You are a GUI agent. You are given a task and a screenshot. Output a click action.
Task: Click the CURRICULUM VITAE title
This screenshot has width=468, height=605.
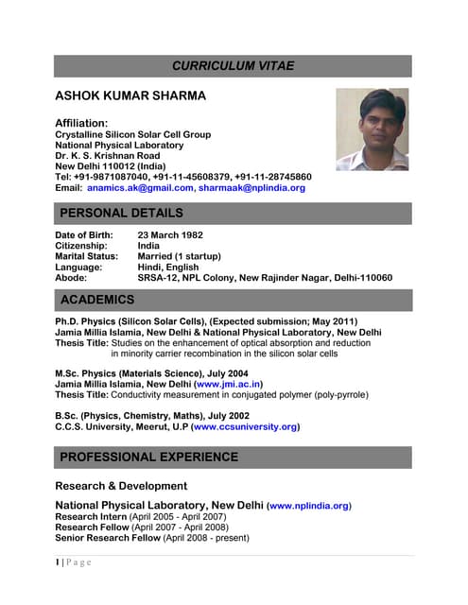[x=233, y=65]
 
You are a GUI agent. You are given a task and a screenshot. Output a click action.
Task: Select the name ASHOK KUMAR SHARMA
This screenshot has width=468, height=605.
[x=130, y=96]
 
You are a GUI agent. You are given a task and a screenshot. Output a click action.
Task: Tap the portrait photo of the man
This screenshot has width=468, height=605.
[x=372, y=130]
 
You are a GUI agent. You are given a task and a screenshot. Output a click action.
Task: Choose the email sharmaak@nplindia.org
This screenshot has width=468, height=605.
[x=251, y=188]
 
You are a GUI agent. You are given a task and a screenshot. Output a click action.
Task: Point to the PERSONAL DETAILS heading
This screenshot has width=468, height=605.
[x=121, y=214]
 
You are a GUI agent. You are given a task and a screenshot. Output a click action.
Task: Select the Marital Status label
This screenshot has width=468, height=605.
[x=86, y=256]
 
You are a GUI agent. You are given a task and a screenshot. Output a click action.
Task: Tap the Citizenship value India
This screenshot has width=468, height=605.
[x=148, y=246]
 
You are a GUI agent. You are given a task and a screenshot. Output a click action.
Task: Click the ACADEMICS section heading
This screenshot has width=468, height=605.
[x=96, y=300]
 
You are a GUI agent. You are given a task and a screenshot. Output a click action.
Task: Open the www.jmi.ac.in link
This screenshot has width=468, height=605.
[x=228, y=385]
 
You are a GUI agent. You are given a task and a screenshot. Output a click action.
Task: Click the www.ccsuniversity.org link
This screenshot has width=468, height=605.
[x=245, y=427]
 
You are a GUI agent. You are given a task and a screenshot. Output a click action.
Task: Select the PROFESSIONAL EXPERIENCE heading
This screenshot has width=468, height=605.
[x=155, y=458]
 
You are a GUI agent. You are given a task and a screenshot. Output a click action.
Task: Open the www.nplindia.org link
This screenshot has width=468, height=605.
[x=309, y=507]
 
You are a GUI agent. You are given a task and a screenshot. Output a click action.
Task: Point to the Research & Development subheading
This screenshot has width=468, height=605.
[x=121, y=486]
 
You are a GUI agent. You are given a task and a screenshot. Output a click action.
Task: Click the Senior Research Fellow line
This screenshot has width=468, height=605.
[x=152, y=538]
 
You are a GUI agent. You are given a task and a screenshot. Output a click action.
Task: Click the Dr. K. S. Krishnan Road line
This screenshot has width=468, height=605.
[x=115, y=156]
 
